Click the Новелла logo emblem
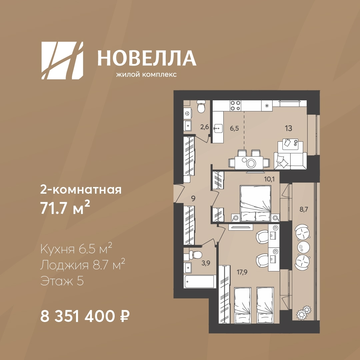62,61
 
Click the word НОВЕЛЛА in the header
147,58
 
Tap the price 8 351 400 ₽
85,316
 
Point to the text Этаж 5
62,281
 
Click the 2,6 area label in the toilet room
205,127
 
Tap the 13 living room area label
289,128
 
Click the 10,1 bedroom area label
269,179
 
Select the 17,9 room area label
242,273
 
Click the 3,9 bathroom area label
206,263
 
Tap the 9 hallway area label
193,198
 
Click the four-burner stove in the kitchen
235,106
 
